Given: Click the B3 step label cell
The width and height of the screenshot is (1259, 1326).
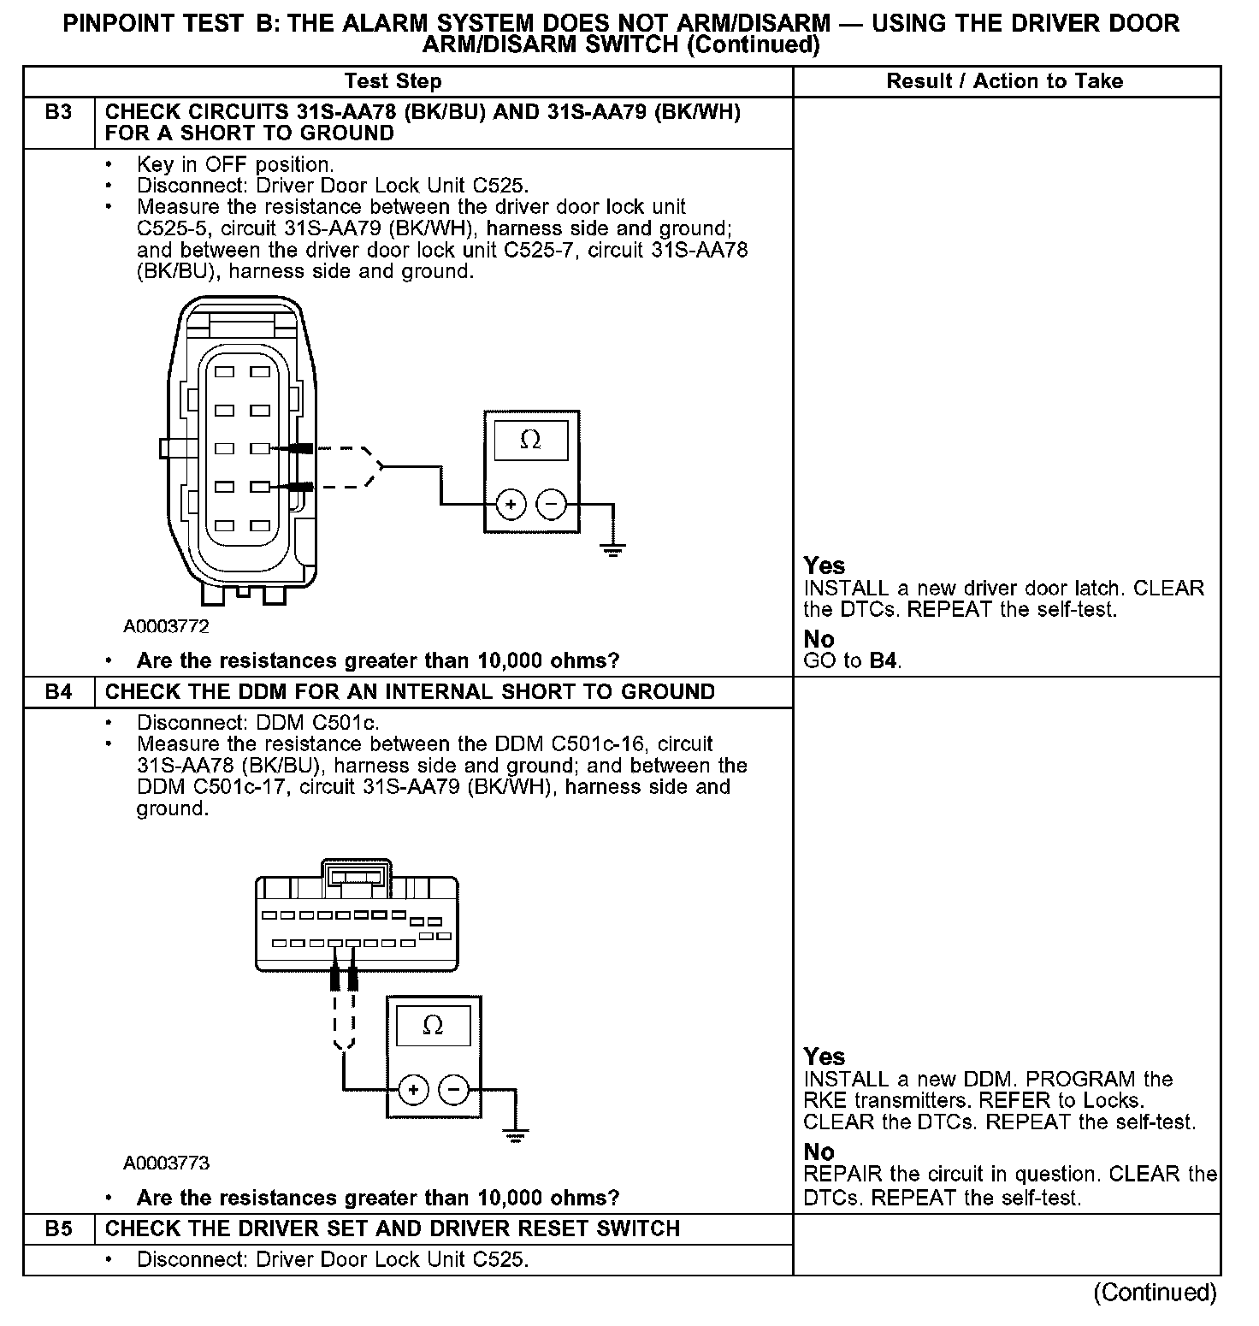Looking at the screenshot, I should (58, 112).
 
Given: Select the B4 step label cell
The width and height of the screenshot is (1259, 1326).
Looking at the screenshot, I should (58, 691).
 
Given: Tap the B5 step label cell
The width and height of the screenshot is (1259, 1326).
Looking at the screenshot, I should (58, 1228).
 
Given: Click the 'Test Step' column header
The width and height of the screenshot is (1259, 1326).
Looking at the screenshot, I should (393, 81).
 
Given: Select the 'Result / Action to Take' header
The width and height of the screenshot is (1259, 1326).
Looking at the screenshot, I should (1005, 81).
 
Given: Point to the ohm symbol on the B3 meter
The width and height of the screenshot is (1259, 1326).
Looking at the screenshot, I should (530, 440).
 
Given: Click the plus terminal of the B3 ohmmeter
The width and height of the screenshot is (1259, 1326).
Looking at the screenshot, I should (511, 505).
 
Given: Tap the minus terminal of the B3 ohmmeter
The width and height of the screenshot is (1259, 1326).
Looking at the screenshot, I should (551, 505).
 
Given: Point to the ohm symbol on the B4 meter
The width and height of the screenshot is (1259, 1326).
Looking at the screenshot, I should (433, 1025).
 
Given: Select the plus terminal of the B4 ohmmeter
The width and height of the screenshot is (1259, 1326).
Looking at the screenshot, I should (413, 1090).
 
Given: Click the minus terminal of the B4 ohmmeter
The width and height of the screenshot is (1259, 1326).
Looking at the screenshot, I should (453, 1090).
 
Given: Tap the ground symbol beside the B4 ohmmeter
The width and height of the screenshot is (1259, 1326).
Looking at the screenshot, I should (515, 1136).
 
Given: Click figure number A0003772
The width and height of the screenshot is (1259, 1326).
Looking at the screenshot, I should (166, 626).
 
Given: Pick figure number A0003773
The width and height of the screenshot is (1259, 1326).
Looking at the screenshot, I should (166, 1163).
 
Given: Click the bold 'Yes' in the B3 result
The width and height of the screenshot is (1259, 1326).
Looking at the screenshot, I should (825, 565).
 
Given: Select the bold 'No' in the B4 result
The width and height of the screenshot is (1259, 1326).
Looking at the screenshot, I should (819, 1151).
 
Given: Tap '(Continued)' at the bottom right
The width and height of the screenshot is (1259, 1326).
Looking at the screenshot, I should (1155, 1292).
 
